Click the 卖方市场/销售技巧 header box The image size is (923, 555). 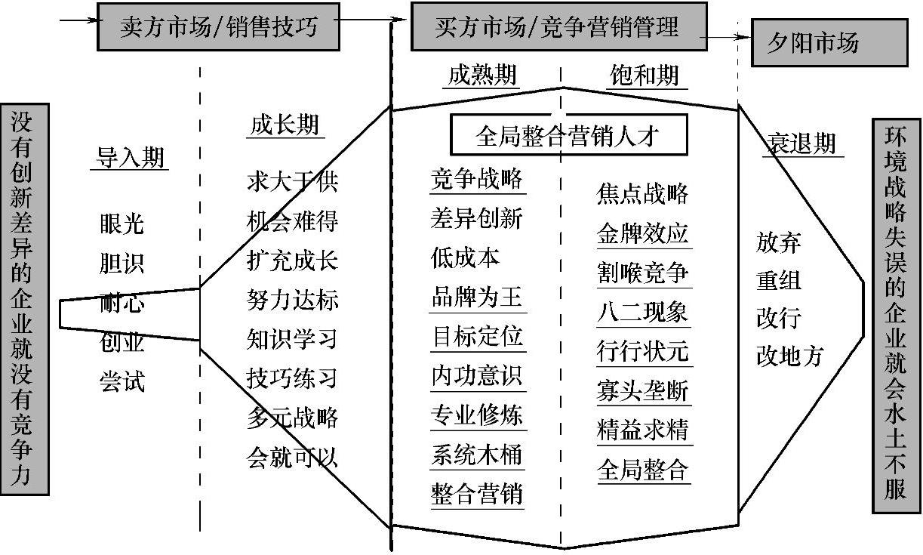[218, 26]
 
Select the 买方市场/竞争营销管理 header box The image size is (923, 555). [558, 26]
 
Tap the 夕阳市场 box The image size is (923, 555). [813, 43]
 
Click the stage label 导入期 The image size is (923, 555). [129, 157]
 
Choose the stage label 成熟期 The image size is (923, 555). [482, 75]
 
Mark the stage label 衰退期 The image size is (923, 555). [801, 143]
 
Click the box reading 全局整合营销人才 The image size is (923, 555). [568, 136]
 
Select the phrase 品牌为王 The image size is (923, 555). [477, 297]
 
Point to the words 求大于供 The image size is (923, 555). [292, 181]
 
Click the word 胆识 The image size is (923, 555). [122, 264]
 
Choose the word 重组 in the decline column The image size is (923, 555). [779, 280]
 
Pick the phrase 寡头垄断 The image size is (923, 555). [643, 391]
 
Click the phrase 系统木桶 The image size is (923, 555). [477, 455]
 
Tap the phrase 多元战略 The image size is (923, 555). [292, 417]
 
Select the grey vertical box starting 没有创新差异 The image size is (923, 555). [24, 298]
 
